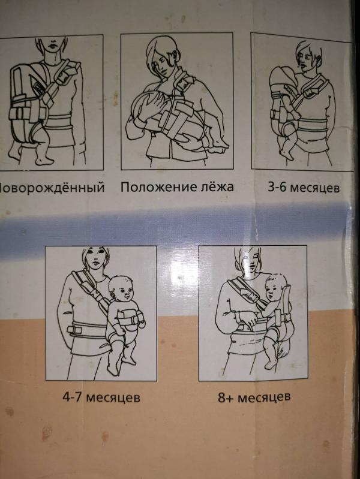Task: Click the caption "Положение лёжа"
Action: [x=177, y=186]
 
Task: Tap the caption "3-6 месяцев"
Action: [x=304, y=187]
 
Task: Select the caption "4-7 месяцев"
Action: [x=101, y=397]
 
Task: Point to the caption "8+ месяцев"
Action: [x=254, y=397]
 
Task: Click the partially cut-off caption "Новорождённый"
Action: [x=52, y=187]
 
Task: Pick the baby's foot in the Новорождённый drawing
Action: [x=43, y=159]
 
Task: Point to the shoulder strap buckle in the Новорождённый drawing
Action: [x=64, y=76]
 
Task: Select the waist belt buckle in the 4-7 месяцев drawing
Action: [x=74, y=330]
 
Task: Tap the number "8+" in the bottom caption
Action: [x=226, y=397]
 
